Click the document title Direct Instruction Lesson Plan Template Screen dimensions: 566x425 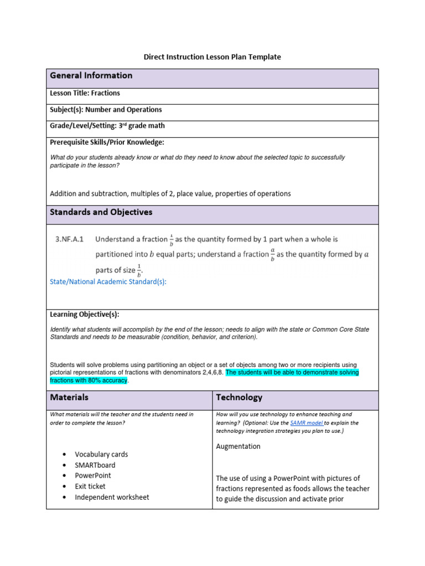[212, 57]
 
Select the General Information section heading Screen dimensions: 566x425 [91, 76]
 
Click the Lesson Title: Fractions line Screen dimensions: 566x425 [85, 93]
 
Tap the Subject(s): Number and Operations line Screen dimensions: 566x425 [106, 109]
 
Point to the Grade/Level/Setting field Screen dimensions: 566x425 [107, 126]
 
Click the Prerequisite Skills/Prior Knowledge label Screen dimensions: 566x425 [107, 142]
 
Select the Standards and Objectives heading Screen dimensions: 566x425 [101, 212]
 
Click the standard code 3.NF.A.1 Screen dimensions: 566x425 [69, 239]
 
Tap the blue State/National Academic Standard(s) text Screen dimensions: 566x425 [108, 282]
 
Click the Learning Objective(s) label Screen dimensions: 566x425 [85, 314]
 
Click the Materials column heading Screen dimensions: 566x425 [69, 397]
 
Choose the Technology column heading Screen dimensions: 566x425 [239, 397]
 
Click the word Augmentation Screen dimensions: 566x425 [238, 447]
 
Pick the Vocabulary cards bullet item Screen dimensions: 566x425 [101, 454]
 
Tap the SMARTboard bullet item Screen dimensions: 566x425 [95, 465]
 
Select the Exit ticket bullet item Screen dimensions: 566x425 [90, 486]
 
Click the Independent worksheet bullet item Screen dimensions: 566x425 [112, 497]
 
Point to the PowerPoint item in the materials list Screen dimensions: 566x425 [93, 475]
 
